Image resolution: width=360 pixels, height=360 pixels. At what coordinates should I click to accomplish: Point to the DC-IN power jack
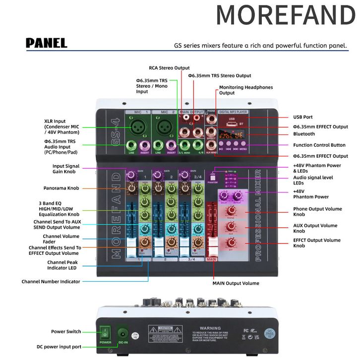click(x=122, y=333)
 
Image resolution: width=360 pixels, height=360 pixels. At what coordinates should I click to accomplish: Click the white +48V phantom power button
click(x=213, y=177)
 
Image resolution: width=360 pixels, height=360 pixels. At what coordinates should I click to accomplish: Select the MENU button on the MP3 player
click(x=243, y=148)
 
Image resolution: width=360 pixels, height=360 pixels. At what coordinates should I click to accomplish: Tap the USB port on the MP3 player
click(x=232, y=124)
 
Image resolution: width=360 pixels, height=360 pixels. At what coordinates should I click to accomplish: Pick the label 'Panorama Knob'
click(x=61, y=188)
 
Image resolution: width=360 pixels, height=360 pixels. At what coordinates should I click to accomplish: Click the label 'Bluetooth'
click(x=304, y=134)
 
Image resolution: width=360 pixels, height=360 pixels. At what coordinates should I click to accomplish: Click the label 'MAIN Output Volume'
click(x=236, y=284)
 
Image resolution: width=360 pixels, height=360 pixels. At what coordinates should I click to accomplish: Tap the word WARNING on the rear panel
click(x=210, y=328)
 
